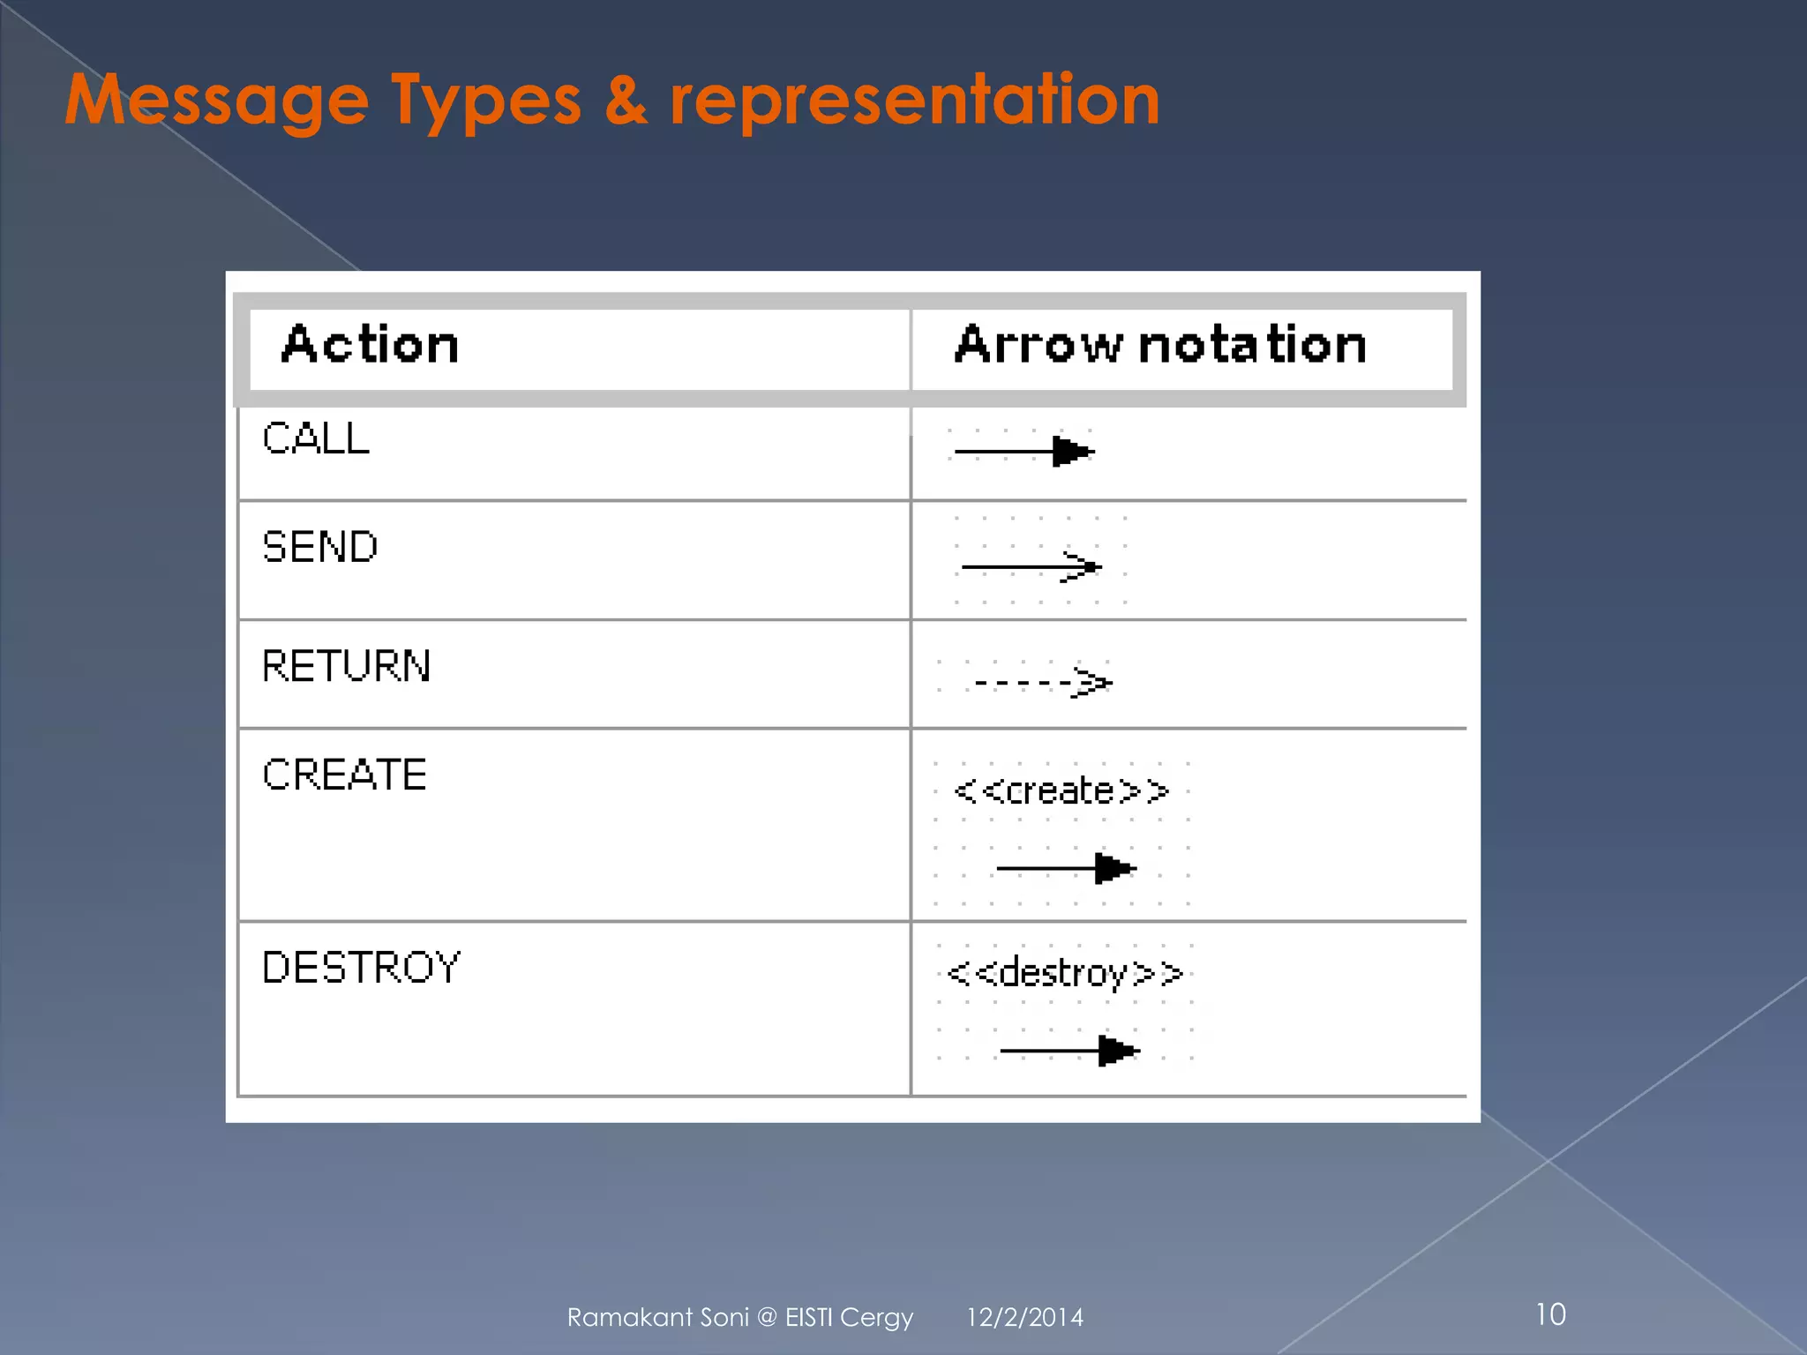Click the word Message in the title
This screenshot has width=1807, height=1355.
[x=217, y=101]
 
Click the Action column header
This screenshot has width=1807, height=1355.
[x=370, y=345]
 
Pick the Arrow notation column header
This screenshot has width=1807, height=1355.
[x=1159, y=345]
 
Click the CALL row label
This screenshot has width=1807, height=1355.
[x=316, y=438]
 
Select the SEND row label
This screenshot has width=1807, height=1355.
[x=320, y=547]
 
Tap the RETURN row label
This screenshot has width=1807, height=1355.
[x=347, y=666]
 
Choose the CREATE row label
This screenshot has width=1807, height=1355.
[x=345, y=775]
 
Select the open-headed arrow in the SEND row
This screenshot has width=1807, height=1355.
[x=1031, y=566]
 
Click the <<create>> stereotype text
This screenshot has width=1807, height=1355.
[x=1061, y=790]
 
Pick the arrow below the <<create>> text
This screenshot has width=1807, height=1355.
[x=1066, y=868]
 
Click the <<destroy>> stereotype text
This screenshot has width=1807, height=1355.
[x=1064, y=973]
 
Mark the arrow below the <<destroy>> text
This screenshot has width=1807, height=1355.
[x=1069, y=1051]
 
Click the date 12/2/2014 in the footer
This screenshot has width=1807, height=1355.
[x=1024, y=1317]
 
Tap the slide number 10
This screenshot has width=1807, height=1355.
[x=1550, y=1314]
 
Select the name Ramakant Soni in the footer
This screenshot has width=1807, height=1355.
[x=657, y=1317]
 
